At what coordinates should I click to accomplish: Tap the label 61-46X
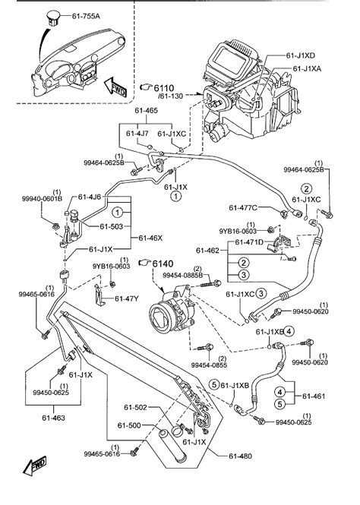150,238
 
